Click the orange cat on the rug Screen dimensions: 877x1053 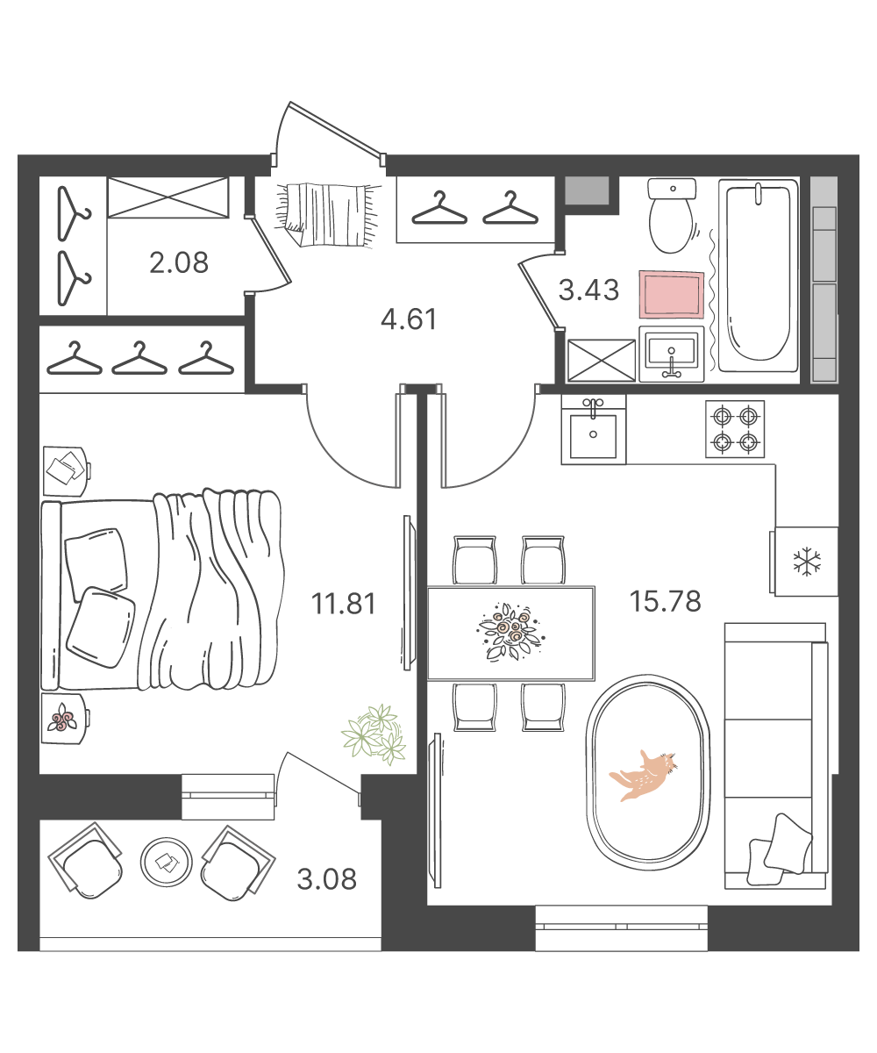coord(643,776)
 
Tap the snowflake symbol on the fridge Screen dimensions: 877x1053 coord(807,562)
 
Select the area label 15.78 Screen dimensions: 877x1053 coord(666,602)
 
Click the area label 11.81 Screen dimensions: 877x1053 coord(344,604)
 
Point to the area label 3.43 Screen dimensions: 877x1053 coord(588,290)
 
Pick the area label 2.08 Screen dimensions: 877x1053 coord(179,262)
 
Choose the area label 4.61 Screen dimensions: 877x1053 coord(409,319)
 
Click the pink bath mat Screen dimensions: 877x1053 coord(672,295)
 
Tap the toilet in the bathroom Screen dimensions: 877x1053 coord(672,215)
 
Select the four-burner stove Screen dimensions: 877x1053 coord(735,429)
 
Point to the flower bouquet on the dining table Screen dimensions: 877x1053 coord(510,631)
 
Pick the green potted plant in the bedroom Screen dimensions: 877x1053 coord(374,734)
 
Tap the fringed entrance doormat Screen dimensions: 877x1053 coord(328,215)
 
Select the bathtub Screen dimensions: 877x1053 coord(759,276)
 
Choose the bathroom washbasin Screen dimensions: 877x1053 coord(672,354)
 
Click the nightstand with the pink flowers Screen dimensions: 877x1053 coord(64,719)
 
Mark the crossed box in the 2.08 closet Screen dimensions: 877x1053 coord(168,197)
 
